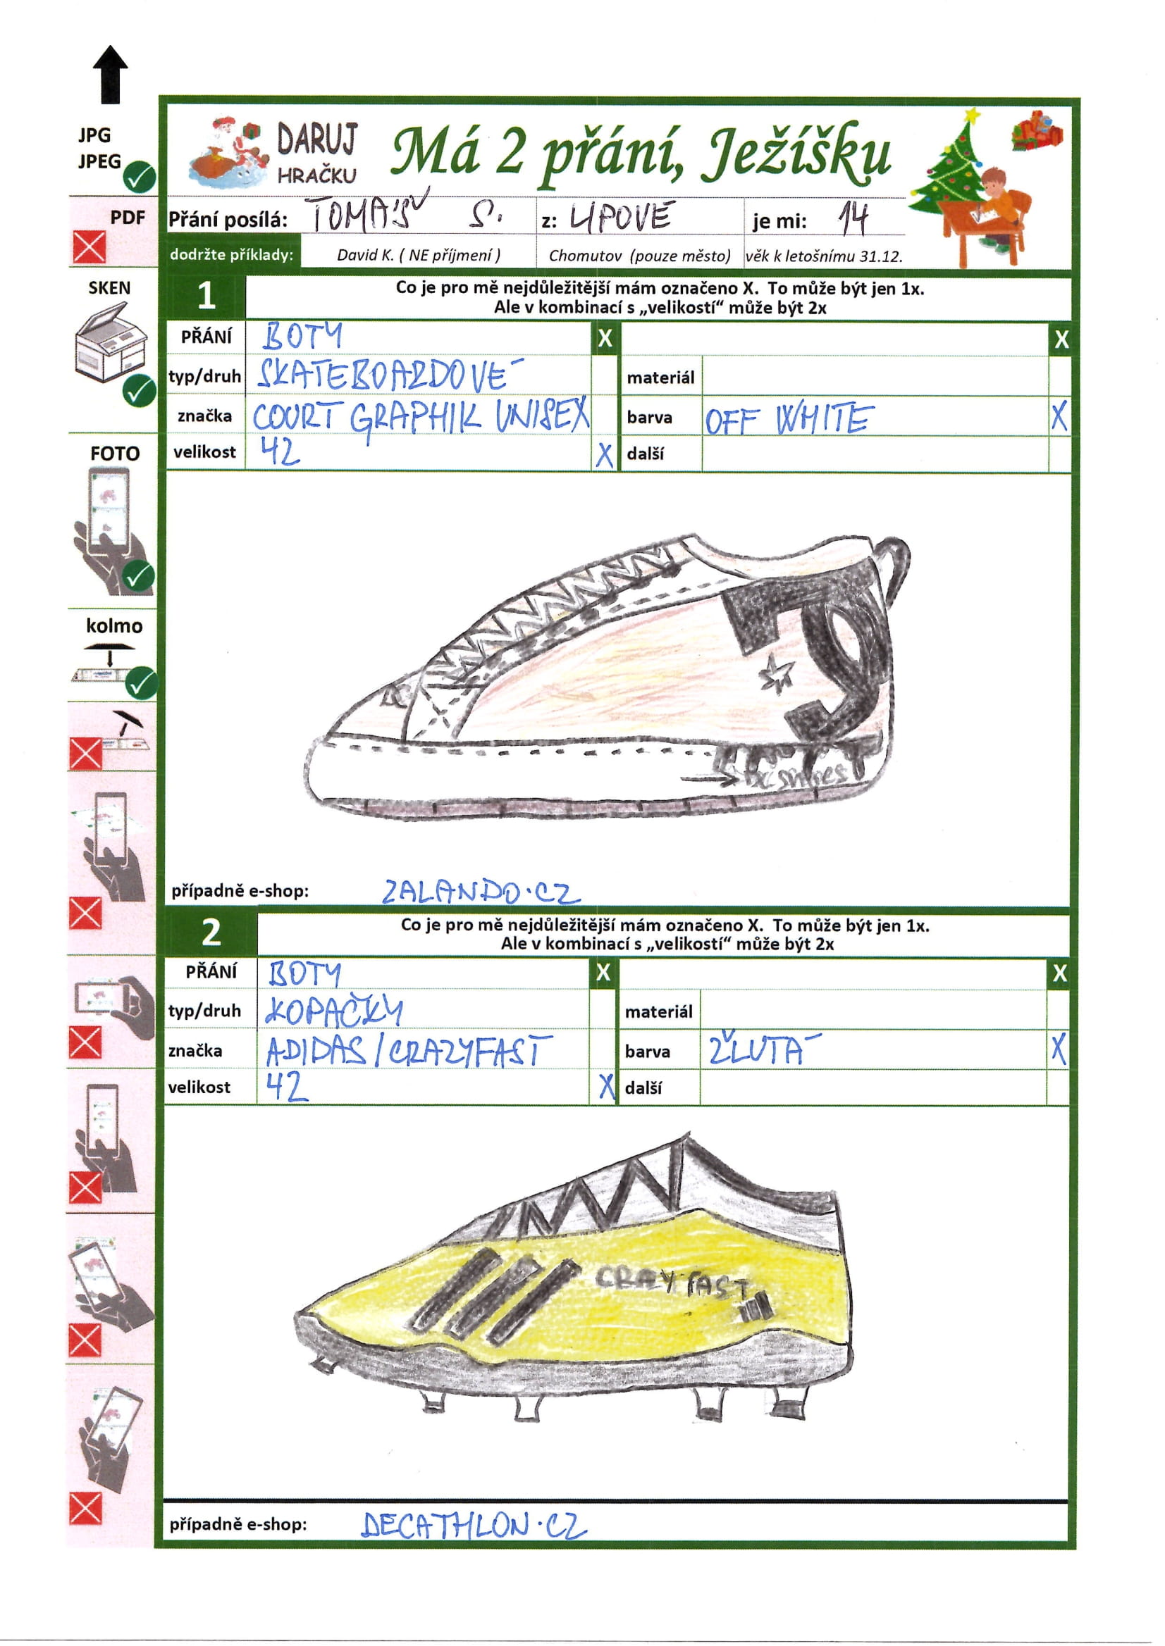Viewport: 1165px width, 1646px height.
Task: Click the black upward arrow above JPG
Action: coord(111,74)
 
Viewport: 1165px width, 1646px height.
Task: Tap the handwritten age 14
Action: coord(853,218)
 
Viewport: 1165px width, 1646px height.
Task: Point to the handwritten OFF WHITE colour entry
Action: coord(789,419)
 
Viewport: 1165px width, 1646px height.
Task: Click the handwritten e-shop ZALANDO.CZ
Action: coord(480,891)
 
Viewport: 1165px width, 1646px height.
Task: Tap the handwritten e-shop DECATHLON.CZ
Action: coord(474,1525)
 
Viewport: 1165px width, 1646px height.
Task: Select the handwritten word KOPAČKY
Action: coord(333,1011)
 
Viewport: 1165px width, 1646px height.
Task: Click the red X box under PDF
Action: coord(89,248)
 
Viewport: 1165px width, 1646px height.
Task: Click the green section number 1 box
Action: coord(206,296)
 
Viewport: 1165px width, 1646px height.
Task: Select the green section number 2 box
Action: coord(211,933)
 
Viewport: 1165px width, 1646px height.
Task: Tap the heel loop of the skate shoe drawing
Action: coord(897,566)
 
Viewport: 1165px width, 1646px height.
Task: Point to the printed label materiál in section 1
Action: coord(660,377)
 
